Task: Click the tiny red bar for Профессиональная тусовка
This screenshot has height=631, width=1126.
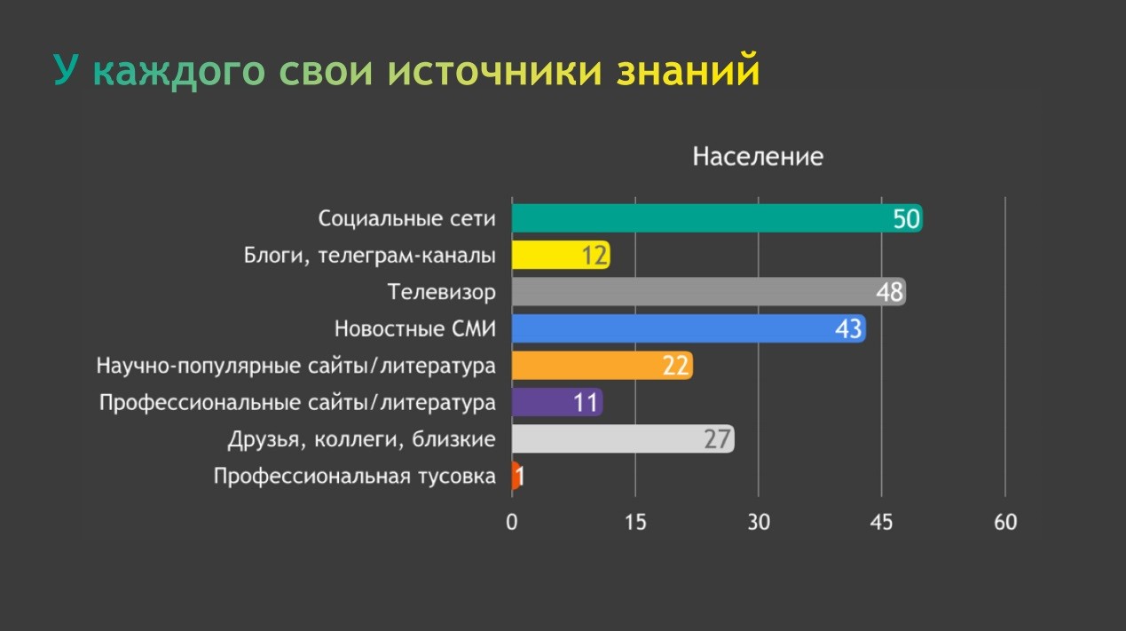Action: [x=516, y=476]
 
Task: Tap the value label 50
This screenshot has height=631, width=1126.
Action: [x=906, y=218]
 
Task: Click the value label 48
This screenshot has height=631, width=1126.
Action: [x=889, y=292]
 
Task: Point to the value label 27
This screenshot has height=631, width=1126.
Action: [x=717, y=439]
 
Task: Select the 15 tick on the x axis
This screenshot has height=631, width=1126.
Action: [x=635, y=522]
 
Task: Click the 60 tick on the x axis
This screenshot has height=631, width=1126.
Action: [x=1005, y=522]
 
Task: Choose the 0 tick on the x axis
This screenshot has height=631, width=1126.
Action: [x=512, y=522]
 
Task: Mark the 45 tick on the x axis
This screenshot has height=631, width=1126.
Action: [x=882, y=522]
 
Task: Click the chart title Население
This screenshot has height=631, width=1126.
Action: [x=758, y=157]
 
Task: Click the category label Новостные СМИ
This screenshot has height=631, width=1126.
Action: [x=414, y=329]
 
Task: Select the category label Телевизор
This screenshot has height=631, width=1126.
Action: [x=441, y=292]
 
